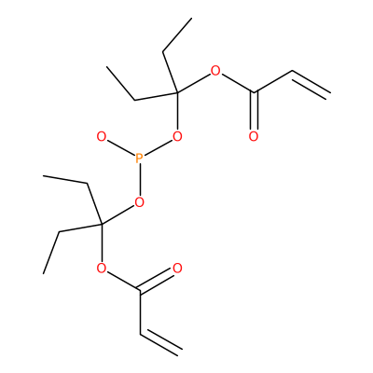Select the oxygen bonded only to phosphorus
click(101, 136)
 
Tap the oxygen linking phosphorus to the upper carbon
click(177, 136)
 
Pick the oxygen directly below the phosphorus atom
click(140, 202)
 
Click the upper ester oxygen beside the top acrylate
click(215, 71)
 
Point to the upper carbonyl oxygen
click(254, 136)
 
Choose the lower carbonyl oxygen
click(177, 269)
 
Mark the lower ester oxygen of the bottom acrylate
click(102, 268)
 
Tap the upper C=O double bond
click(254, 111)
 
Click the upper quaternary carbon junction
click(177, 92)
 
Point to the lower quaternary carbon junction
click(102, 224)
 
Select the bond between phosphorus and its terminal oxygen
click(120, 148)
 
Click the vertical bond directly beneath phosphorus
click(140, 181)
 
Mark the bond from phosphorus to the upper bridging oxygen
click(158, 148)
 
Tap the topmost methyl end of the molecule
click(191, 19)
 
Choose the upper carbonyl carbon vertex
click(254, 92)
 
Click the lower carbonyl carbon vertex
click(140, 291)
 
